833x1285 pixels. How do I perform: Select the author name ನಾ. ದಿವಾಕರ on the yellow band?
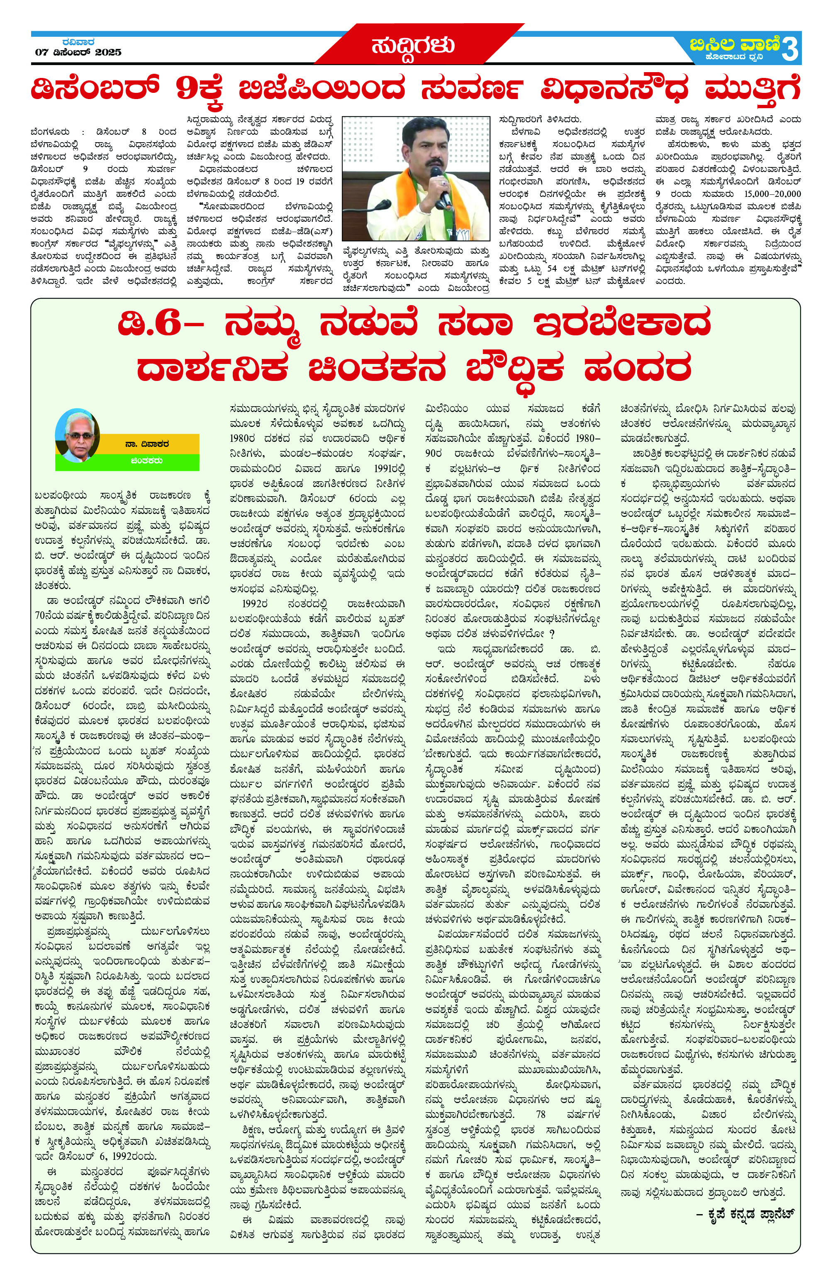pyautogui.click(x=150, y=444)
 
